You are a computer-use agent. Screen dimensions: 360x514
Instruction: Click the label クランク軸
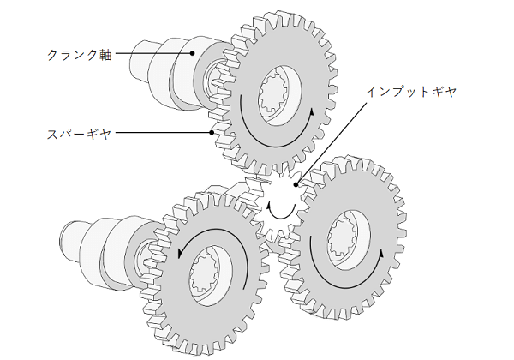pyautogui.click(x=77, y=53)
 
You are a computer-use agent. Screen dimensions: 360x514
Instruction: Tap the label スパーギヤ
pyautogui.click(x=77, y=134)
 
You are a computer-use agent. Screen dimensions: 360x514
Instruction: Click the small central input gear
pyautogui.click(x=280, y=206)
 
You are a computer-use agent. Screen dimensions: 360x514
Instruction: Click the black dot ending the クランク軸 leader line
pyautogui.click(x=193, y=53)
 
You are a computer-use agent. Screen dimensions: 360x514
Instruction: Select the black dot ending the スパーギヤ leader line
pyautogui.click(x=210, y=134)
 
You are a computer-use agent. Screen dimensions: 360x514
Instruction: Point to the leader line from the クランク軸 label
pyautogui.click(x=154, y=53)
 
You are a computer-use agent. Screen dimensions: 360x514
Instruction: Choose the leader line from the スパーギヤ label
pyautogui.click(x=163, y=134)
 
